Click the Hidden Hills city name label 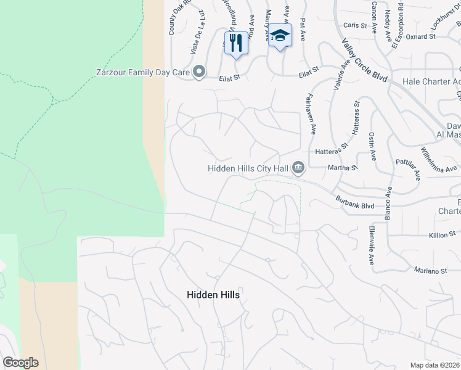[213, 295]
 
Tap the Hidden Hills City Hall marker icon [298, 167]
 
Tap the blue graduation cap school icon [280, 35]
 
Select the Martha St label [344, 168]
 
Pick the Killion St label [442, 234]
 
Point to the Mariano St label [430, 271]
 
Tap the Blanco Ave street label [388, 203]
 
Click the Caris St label [356, 25]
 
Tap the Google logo [20, 363]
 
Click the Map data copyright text [435, 365]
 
